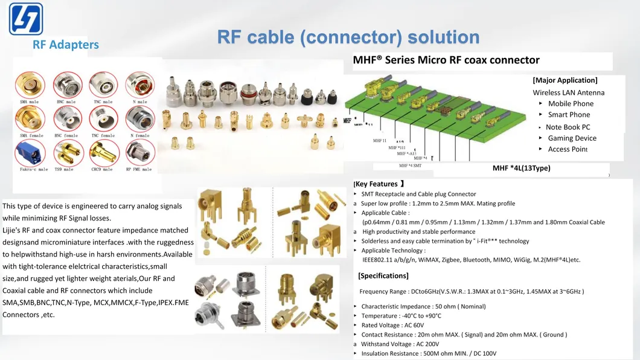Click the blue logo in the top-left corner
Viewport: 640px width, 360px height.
26,19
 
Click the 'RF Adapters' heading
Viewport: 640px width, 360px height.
66,45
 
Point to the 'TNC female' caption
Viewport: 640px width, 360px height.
103,136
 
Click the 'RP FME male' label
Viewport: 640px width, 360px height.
139,170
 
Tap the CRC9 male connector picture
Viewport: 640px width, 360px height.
103,154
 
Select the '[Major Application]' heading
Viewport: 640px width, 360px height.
565,80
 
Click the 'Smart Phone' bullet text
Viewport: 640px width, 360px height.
569,115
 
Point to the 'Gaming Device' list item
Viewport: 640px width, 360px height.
572,138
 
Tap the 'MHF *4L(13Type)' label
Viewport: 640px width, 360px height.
521,168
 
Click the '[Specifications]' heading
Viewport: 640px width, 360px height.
383,276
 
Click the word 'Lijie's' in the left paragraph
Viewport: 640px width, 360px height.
13,230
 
